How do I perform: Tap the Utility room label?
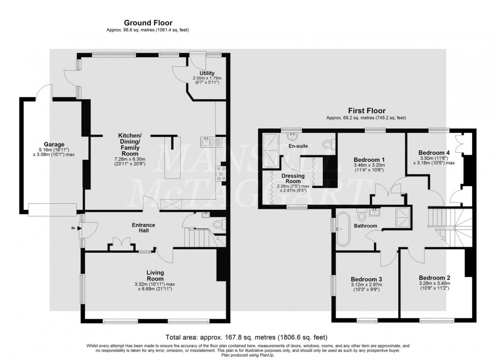[x=208, y=73]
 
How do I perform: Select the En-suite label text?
[x=298, y=146]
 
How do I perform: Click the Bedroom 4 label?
[x=434, y=152]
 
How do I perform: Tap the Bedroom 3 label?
[x=366, y=279]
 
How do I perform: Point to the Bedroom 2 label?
[x=434, y=278]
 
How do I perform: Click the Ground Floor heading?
[x=148, y=23]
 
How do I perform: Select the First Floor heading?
[x=366, y=110]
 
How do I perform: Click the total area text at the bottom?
[x=246, y=337]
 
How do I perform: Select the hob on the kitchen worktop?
[x=221, y=173]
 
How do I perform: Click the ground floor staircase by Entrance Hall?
[x=198, y=237]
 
